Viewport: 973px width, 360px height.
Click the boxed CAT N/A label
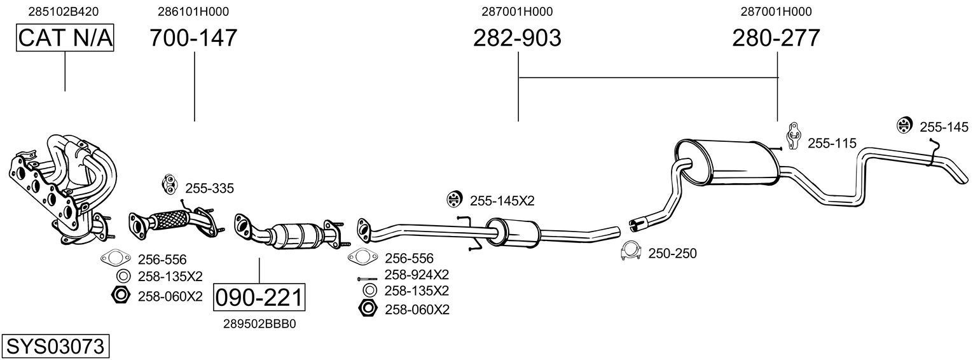(x=65, y=38)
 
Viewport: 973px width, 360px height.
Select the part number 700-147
(x=193, y=38)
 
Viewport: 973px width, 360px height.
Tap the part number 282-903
(x=517, y=38)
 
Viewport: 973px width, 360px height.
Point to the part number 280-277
(x=776, y=38)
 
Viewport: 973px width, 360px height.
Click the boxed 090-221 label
(x=259, y=298)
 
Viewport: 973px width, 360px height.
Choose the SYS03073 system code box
(x=55, y=347)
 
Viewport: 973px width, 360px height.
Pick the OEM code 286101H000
(x=193, y=11)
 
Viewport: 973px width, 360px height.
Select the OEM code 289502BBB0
(x=259, y=324)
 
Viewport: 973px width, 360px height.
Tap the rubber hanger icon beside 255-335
(x=169, y=183)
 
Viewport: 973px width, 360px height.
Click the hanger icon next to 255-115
(x=793, y=135)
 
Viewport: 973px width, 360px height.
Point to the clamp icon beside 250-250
(x=630, y=252)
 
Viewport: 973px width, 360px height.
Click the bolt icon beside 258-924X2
(x=368, y=279)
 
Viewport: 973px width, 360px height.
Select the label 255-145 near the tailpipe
(x=944, y=127)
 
